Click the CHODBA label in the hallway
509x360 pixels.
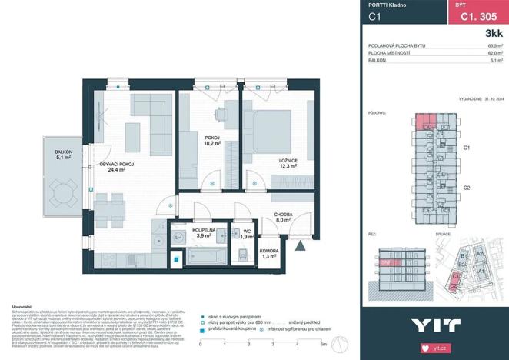[x=283, y=215]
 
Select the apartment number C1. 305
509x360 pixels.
[x=476, y=15]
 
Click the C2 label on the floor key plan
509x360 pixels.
[x=466, y=188]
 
